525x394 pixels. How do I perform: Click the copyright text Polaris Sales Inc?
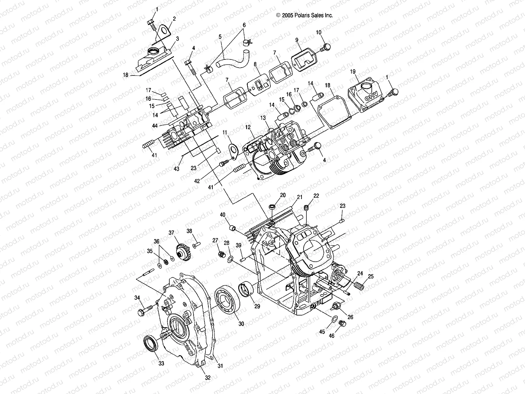point(304,15)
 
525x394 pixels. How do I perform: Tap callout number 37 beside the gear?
point(171,233)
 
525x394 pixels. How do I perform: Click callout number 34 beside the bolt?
point(137,298)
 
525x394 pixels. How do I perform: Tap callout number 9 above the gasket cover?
point(297,40)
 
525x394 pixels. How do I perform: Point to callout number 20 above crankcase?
point(283,195)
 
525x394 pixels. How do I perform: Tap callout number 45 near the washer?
point(322,332)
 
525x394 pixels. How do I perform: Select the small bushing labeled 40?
point(232,228)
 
